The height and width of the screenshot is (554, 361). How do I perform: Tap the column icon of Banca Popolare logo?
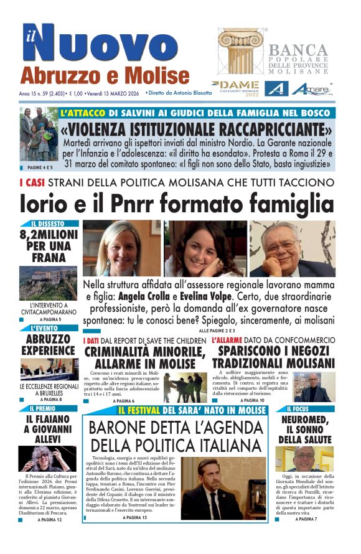[x=240, y=51]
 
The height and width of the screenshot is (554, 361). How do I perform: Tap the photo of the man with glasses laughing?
[x=291, y=248]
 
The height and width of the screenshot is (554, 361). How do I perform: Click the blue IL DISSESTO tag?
[x=48, y=223]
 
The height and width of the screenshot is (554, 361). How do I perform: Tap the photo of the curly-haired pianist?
[x=48, y=458]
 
